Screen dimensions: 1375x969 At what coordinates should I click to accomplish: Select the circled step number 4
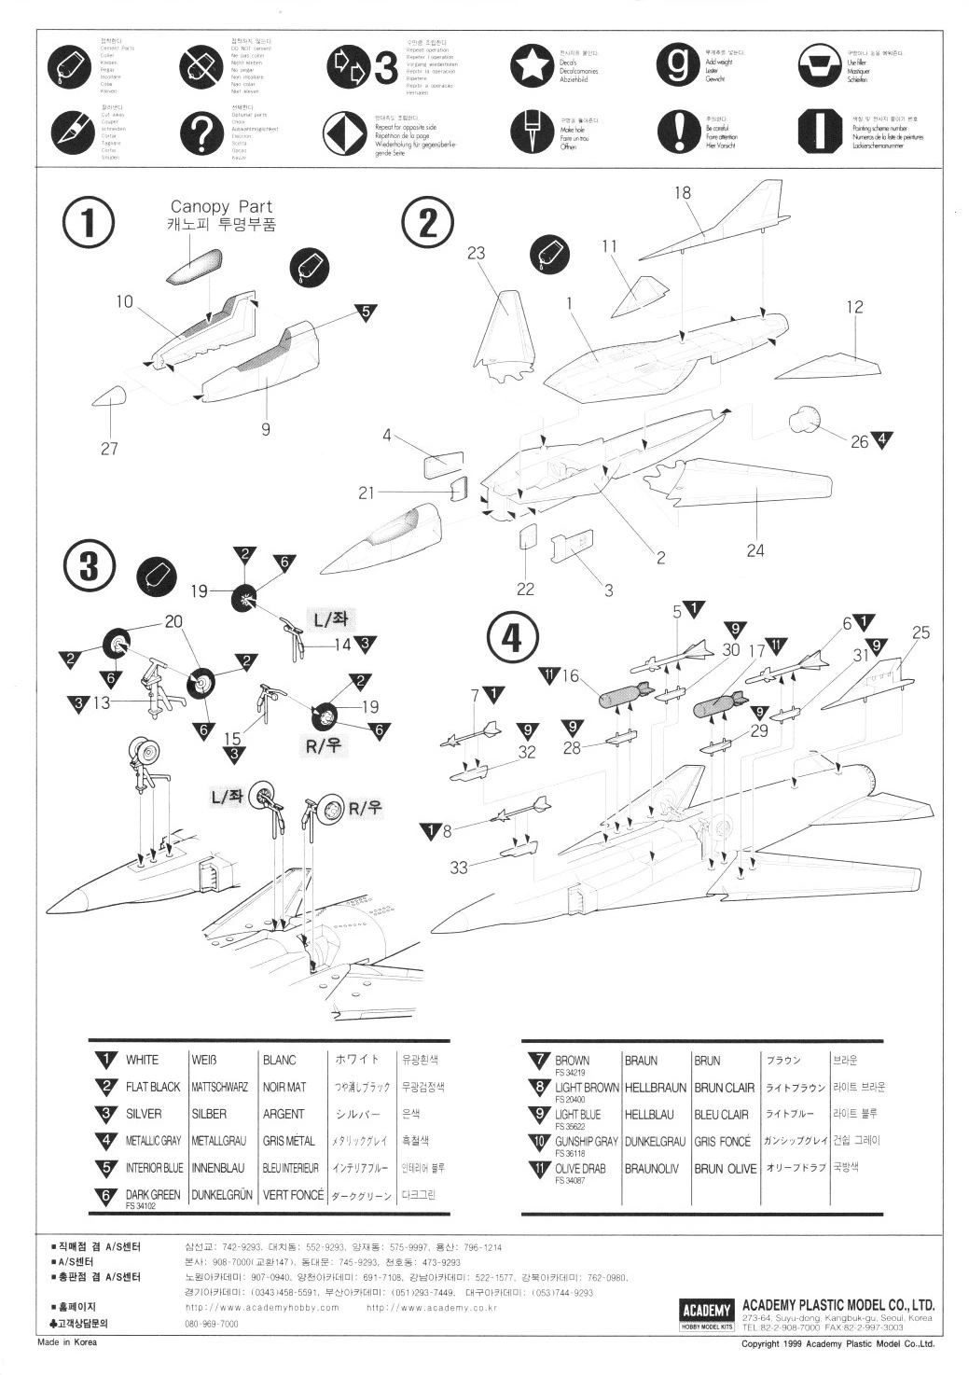pyautogui.click(x=513, y=639)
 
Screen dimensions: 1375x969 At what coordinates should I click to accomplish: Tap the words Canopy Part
pyautogui.click(x=221, y=207)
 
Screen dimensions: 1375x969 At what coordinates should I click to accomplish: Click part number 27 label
pyautogui.click(x=109, y=449)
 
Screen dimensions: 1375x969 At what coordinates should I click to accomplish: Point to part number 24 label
pyautogui.click(x=755, y=550)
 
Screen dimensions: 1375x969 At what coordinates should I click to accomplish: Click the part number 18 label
pyautogui.click(x=682, y=193)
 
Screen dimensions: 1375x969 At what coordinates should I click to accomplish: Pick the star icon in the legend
pyautogui.click(x=532, y=64)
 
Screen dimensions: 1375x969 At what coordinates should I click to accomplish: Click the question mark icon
pyautogui.click(x=199, y=132)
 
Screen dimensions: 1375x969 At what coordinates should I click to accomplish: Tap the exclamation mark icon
pyautogui.click(x=678, y=132)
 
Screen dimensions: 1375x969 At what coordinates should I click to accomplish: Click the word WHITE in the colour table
pyautogui.click(x=142, y=1060)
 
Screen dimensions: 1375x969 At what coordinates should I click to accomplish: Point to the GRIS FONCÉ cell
pyautogui.click(x=722, y=1141)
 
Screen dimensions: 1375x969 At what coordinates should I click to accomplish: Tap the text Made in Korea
pyautogui.click(x=66, y=1343)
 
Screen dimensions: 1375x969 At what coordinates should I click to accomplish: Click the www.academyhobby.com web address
pyautogui.click(x=262, y=1308)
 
